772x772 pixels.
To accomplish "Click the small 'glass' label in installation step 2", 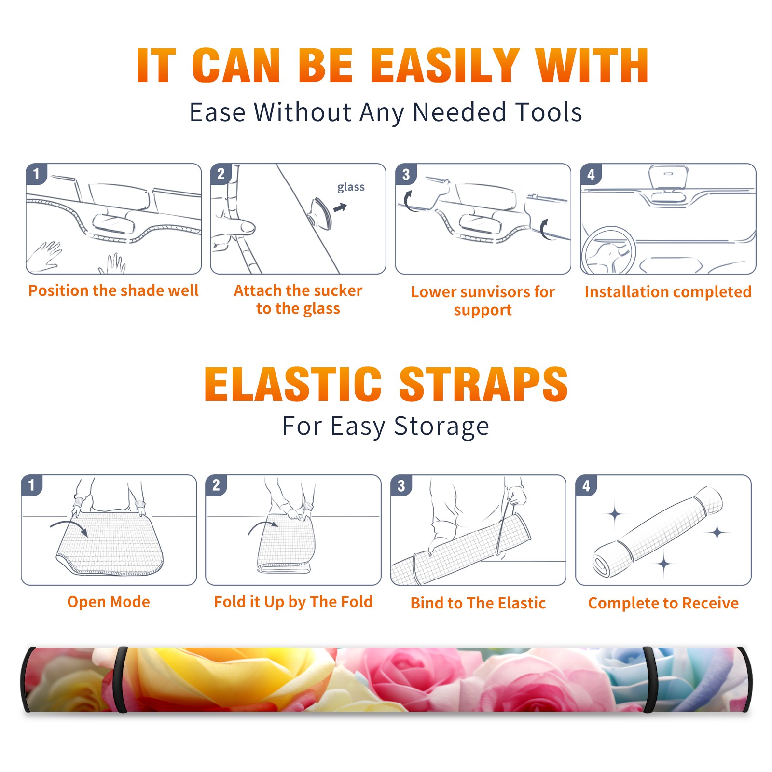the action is point(351,187).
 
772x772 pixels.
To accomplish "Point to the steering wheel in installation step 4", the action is point(608,251).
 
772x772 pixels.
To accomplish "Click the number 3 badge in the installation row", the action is point(406,174).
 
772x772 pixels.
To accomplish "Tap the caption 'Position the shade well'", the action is point(113,290).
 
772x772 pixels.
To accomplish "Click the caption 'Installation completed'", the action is point(668,291).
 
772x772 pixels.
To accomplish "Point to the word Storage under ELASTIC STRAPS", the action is point(441,427).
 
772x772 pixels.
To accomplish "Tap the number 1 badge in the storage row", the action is point(32,485).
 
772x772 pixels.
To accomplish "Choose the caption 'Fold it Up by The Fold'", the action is point(293,602).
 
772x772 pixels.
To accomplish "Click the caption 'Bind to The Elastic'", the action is point(478,603).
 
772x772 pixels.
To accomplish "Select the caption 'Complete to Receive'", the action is point(663,603).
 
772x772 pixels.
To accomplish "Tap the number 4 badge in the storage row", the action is point(586,485).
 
